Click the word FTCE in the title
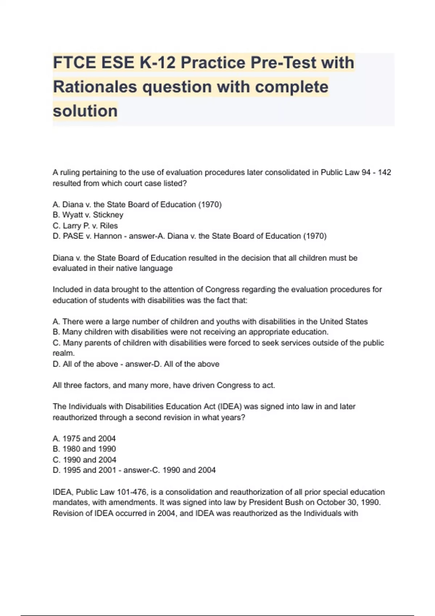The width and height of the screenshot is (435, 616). click(74, 62)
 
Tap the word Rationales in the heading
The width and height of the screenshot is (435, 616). click(95, 87)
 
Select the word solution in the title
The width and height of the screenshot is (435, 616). click(85, 111)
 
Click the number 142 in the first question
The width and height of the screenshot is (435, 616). click(384, 172)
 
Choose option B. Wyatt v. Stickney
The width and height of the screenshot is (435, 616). click(88, 215)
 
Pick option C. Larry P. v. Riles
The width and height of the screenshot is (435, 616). click(85, 226)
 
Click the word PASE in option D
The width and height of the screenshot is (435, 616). click(73, 236)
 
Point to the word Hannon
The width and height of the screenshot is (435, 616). click(108, 236)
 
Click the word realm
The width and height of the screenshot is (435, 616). click(64, 353)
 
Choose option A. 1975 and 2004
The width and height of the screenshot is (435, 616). click(84, 438)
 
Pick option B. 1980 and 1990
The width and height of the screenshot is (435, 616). click(84, 449)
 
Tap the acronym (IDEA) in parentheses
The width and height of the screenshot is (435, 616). click(230, 407)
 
